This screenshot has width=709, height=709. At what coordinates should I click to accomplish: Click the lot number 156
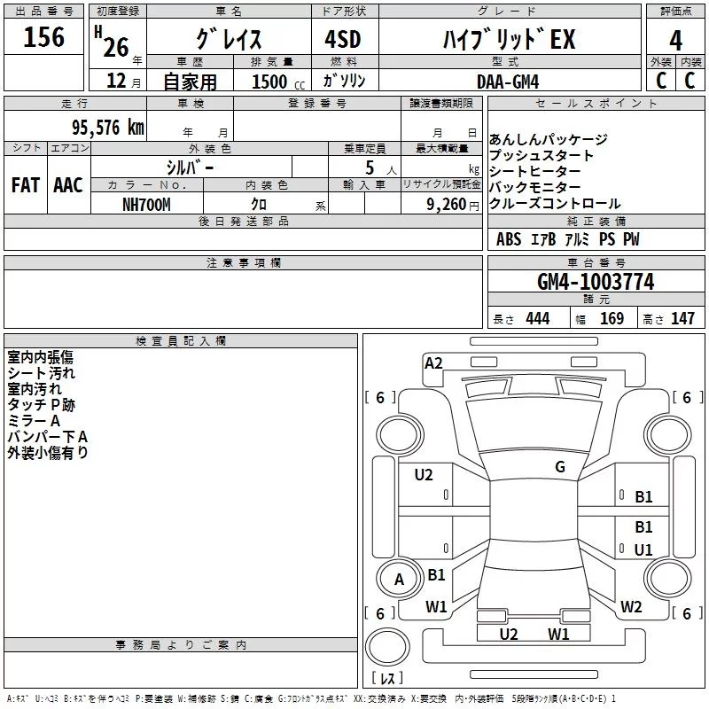click(x=44, y=37)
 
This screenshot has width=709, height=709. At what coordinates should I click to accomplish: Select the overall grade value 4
click(x=675, y=40)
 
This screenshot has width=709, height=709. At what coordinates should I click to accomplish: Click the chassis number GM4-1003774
click(x=596, y=283)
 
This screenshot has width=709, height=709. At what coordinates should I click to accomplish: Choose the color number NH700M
click(x=146, y=205)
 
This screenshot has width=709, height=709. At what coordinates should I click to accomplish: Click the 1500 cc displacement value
click(x=269, y=82)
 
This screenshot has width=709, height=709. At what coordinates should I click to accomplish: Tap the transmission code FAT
click(x=26, y=185)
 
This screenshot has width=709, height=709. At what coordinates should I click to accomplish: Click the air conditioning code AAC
click(x=68, y=185)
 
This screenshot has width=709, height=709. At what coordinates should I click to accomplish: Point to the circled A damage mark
click(x=399, y=580)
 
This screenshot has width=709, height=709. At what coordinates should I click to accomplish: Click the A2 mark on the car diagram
click(x=433, y=362)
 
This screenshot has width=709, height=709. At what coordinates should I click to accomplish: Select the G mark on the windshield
click(x=560, y=467)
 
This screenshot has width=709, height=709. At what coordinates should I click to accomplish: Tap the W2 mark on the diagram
click(x=631, y=607)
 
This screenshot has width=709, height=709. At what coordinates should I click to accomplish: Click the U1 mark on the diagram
click(x=643, y=550)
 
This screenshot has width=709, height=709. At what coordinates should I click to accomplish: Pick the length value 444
click(x=537, y=319)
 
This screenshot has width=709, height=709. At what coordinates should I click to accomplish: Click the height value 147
click(x=682, y=319)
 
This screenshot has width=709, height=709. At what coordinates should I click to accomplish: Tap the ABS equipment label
click(x=509, y=239)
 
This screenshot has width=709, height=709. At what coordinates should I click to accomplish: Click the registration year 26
click(x=116, y=47)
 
